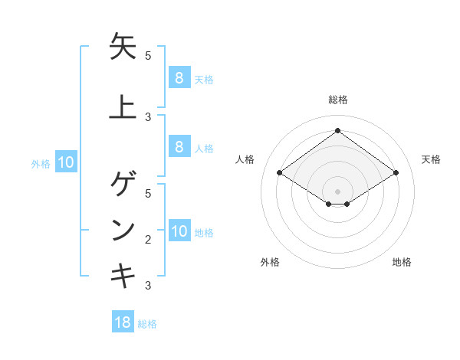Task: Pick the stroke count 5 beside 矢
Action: pos(148,55)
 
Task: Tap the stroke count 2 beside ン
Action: pos(148,240)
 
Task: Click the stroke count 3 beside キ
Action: pos(148,286)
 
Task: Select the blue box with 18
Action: pos(123,322)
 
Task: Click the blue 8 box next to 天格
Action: pos(179,77)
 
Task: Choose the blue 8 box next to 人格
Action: pos(179,147)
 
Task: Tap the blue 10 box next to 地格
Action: pos(179,231)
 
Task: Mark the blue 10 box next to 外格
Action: pos(66,162)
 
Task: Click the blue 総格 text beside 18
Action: pos(147,324)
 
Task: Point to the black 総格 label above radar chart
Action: pos(337,100)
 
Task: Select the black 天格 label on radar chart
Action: pos(432,159)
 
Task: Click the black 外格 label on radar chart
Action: pos(269,262)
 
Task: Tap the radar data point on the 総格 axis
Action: pos(337,130)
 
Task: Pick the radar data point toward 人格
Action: pos(279,173)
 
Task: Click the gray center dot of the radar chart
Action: pos(337,191)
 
